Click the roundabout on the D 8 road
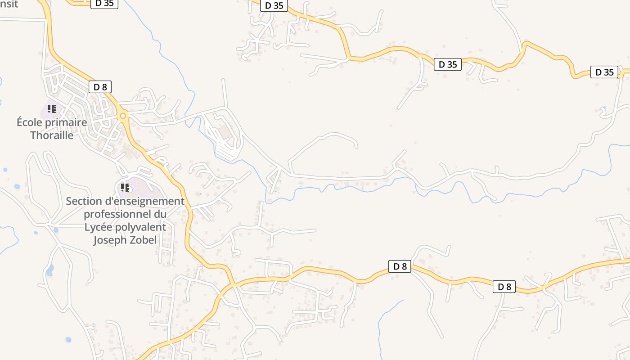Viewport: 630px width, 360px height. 123,116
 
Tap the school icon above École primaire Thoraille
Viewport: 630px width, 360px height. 52,109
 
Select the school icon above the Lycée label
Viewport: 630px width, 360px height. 125,187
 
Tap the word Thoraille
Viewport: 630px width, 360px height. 52,135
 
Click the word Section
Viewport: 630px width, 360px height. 82,201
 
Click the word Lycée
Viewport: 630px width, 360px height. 98,227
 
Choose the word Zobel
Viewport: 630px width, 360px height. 144,240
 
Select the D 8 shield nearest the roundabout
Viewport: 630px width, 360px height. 100,87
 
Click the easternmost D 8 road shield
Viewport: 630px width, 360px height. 504,287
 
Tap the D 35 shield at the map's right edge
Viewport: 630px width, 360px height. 604,72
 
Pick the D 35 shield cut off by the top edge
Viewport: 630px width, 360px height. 104,4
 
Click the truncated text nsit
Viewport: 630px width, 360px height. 9,4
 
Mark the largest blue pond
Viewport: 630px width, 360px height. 50,270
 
